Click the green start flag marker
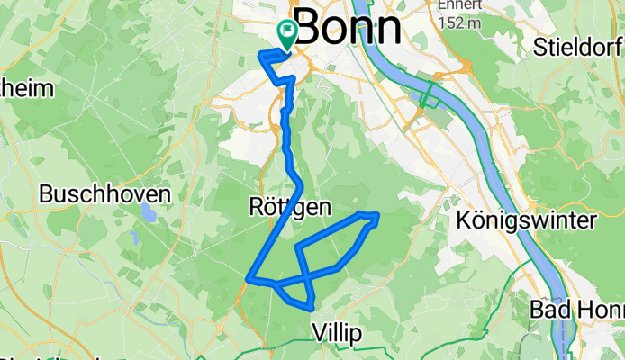(287, 34)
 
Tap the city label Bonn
(348, 29)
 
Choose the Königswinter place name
(526, 220)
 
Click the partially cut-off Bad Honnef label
(584, 309)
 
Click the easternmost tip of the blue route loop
(377, 215)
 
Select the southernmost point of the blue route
(311, 310)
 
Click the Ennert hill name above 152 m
(457, 4)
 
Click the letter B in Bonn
(307, 29)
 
